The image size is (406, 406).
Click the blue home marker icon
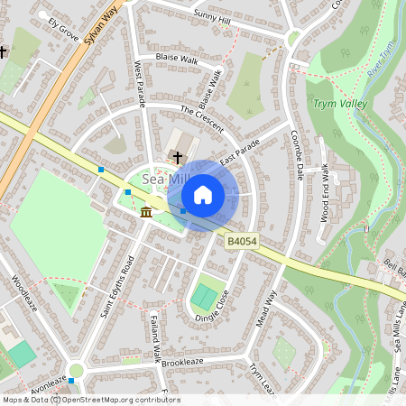click(x=203, y=194)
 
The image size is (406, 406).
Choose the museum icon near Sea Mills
click(x=146, y=212)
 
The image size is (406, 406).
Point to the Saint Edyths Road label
click(x=117, y=287)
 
